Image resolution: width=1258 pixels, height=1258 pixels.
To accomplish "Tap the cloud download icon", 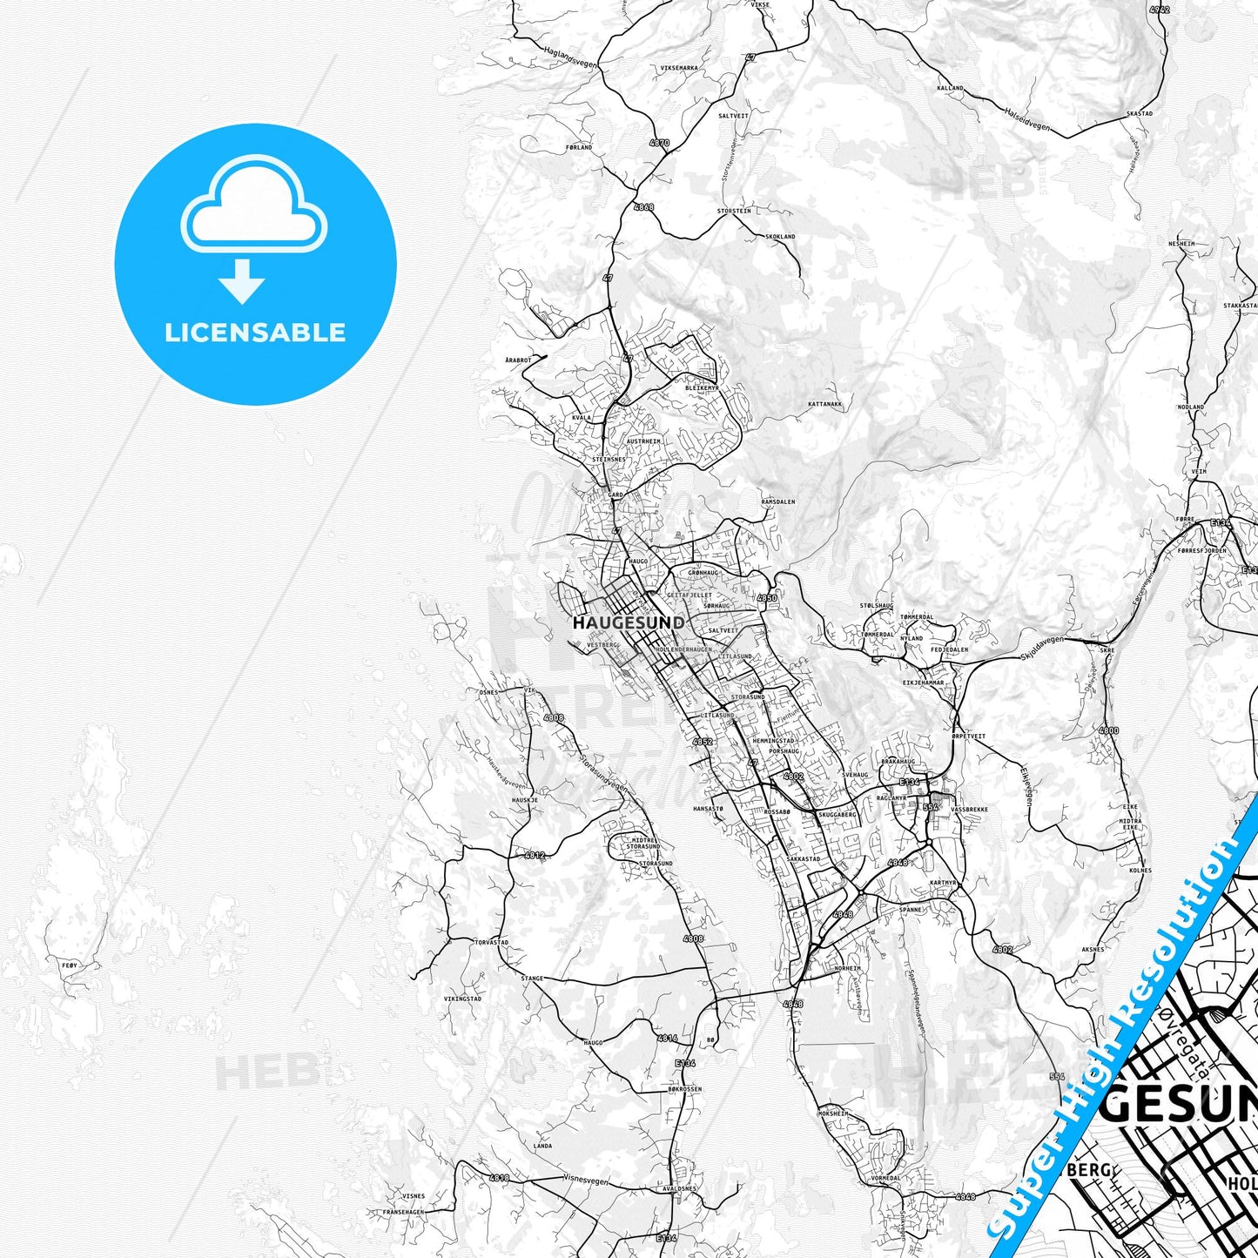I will (x=254, y=228).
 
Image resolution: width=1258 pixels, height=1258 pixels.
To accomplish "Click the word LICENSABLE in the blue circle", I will (x=255, y=332).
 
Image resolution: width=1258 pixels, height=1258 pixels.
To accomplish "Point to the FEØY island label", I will (x=70, y=965).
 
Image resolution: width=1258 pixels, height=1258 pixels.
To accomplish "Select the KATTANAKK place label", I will (x=824, y=404).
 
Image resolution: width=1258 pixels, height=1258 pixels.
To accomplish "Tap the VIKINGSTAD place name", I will (x=462, y=999).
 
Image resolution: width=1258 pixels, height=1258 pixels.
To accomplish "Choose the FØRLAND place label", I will (x=579, y=147).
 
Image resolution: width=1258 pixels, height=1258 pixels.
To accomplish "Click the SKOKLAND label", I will (x=780, y=237).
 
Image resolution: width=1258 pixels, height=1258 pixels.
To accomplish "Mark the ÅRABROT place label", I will (x=517, y=360).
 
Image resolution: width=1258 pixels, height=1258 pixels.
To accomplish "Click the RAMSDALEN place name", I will (x=778, y=502).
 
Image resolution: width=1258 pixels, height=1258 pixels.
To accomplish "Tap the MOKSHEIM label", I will (x=833, y=1113).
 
